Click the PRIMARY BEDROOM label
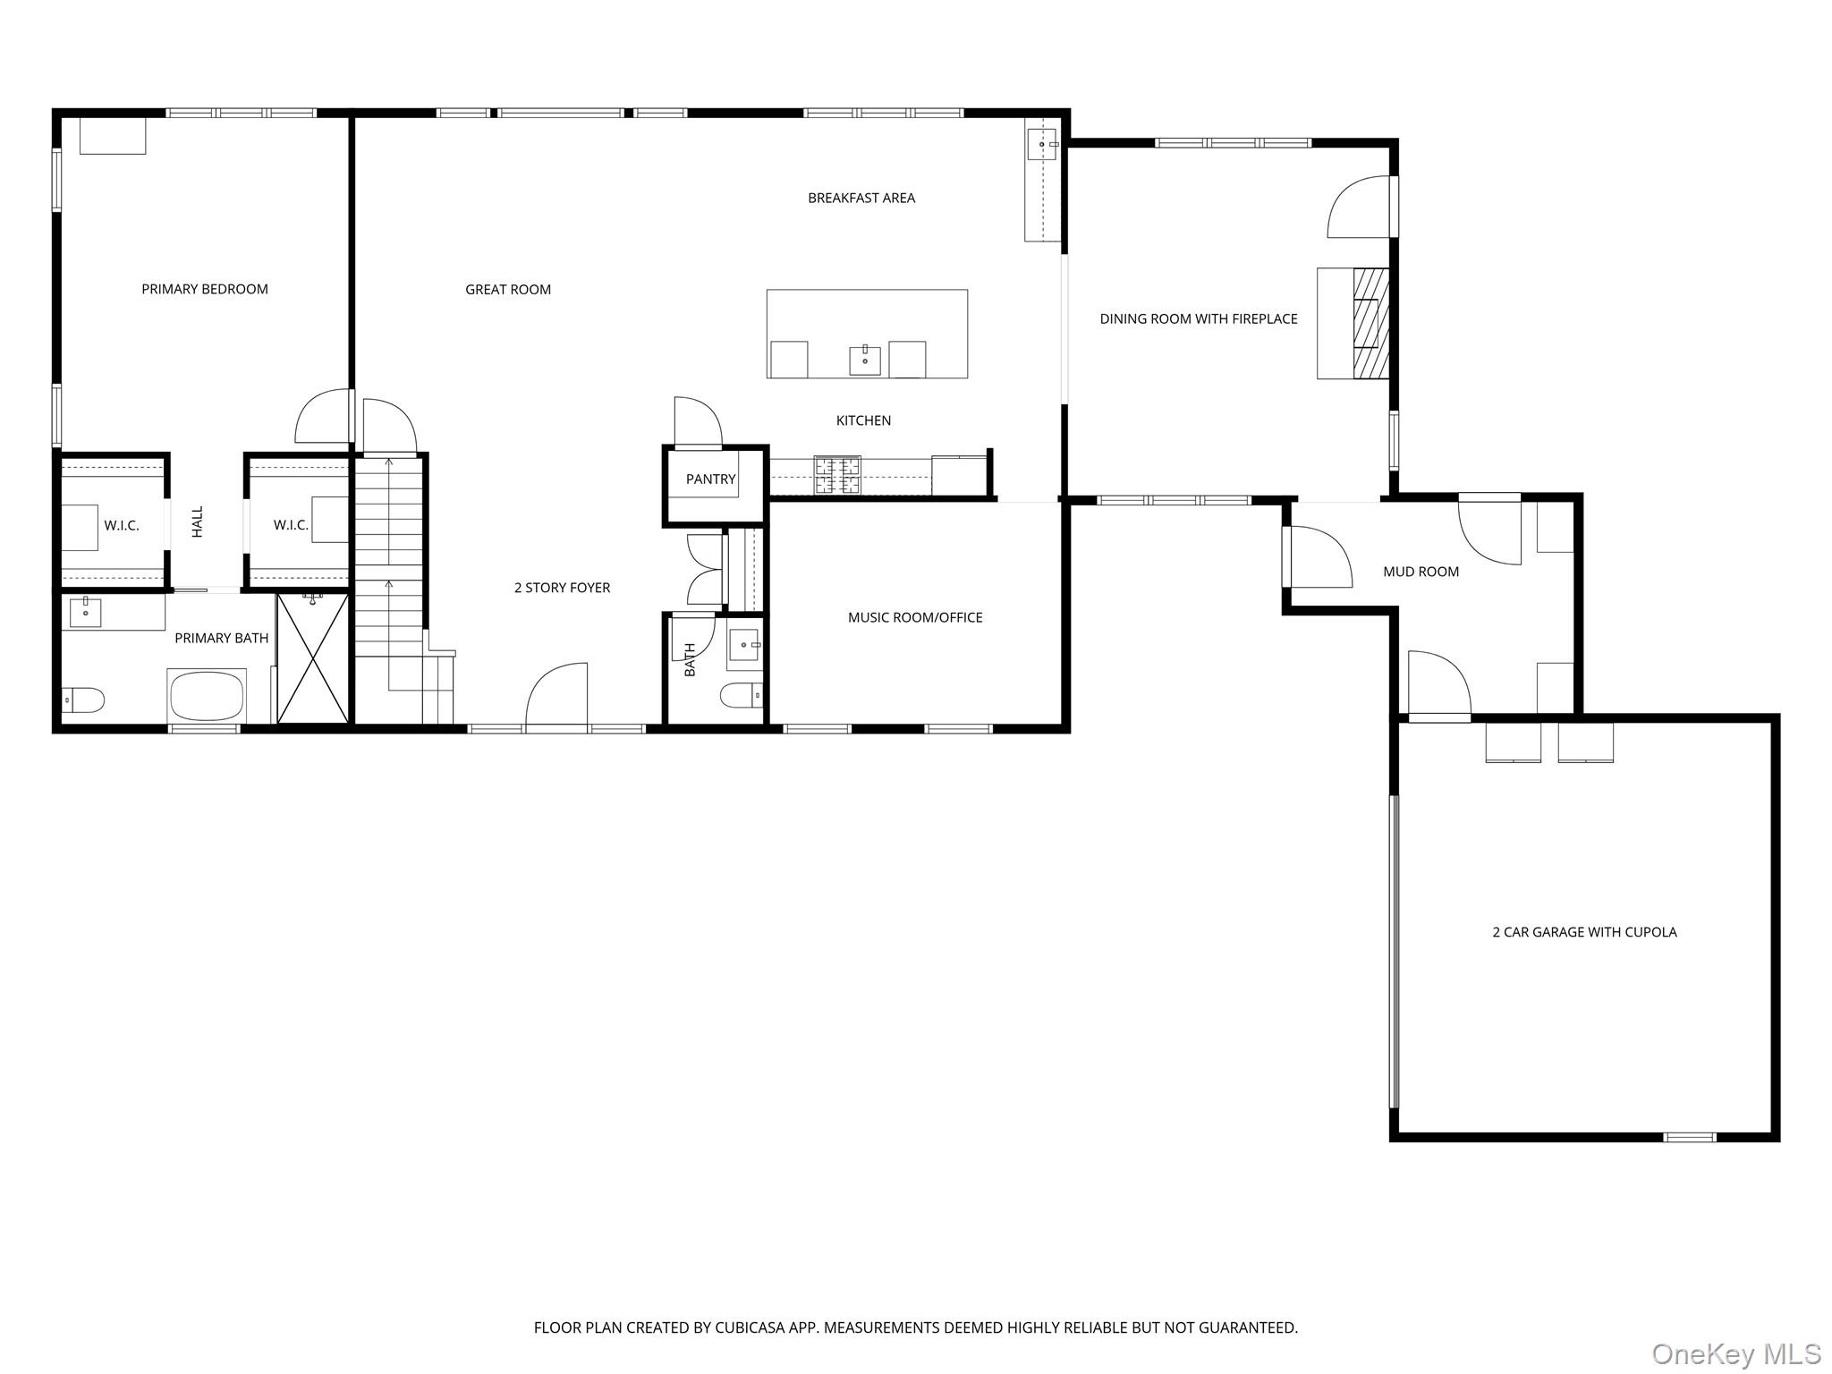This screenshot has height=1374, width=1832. click(x=205, y=289)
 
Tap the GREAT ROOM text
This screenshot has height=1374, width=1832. click(x=508, y=289)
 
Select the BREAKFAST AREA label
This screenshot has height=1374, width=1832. click(x=861, y=198)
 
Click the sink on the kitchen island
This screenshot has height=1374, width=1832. click(x=865, y=360)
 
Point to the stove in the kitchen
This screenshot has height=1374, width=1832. click(x=836, y=475)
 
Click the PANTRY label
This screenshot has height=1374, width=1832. click(x=711, y=479)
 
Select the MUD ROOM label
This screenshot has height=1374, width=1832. click(x=1421, y=572)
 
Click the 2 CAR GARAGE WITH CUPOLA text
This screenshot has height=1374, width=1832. click(x=1584, y=932)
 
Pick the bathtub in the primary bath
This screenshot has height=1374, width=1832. click(x=207, y=696)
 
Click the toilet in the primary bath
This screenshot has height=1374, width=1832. click(x=83, y=700)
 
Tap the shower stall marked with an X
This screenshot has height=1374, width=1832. click(x=312, y=657)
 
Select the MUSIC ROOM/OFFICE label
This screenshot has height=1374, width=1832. click(x=915, y=617)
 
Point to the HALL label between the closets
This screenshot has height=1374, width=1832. click(x=198, y=522)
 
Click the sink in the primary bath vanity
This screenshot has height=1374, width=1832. click(x=86, y=614)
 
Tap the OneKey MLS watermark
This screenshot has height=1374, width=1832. click(x=1736, y=1353)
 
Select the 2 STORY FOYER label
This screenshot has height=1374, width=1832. click(x=562, y=588)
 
